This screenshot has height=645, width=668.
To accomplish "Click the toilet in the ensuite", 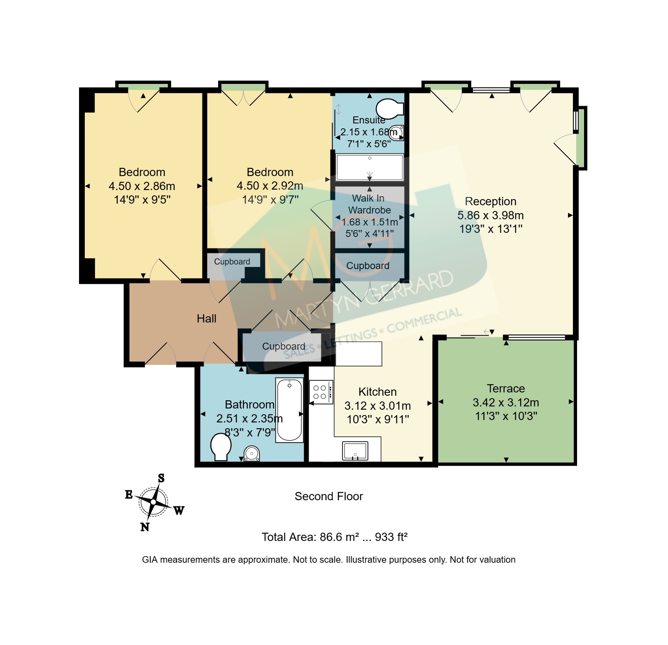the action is click(x=389, y=108).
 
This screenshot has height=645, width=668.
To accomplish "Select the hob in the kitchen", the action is click(x=321, y=392).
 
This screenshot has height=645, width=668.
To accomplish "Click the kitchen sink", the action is click(x=355, y=451).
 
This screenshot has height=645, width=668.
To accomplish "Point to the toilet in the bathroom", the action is click(x=221, y=447).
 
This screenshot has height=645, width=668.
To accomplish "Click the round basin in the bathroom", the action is click(x=251, y=454).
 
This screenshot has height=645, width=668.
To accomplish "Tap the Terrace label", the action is click(x=506, y=389).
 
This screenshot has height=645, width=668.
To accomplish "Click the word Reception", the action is click(x=490, y=202).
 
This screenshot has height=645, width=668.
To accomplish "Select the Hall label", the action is click(x=207, y=319).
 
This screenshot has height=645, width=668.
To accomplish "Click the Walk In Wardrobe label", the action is click(x=369, y=204).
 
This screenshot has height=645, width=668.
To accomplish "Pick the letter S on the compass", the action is click(x=161, y=478).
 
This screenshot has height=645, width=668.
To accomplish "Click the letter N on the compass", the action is click(x=145, y=527).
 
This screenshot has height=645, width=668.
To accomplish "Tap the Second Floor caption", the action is click(x=329, y=497).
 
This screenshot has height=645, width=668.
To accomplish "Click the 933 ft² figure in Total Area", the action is click(x=391, y=537).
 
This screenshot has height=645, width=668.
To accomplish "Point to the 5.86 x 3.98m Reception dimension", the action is click(x=490, y=215).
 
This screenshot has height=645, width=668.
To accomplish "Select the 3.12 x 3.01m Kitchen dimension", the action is click(x=377, y=406).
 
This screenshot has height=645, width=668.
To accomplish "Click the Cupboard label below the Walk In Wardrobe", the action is click(x=368, y=266).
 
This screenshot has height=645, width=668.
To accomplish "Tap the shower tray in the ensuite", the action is click(x=370, y=167).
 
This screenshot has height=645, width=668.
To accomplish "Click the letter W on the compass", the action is click(x=179, y=510).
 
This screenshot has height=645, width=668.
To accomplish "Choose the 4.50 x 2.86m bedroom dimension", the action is click(x=142, y=186).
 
